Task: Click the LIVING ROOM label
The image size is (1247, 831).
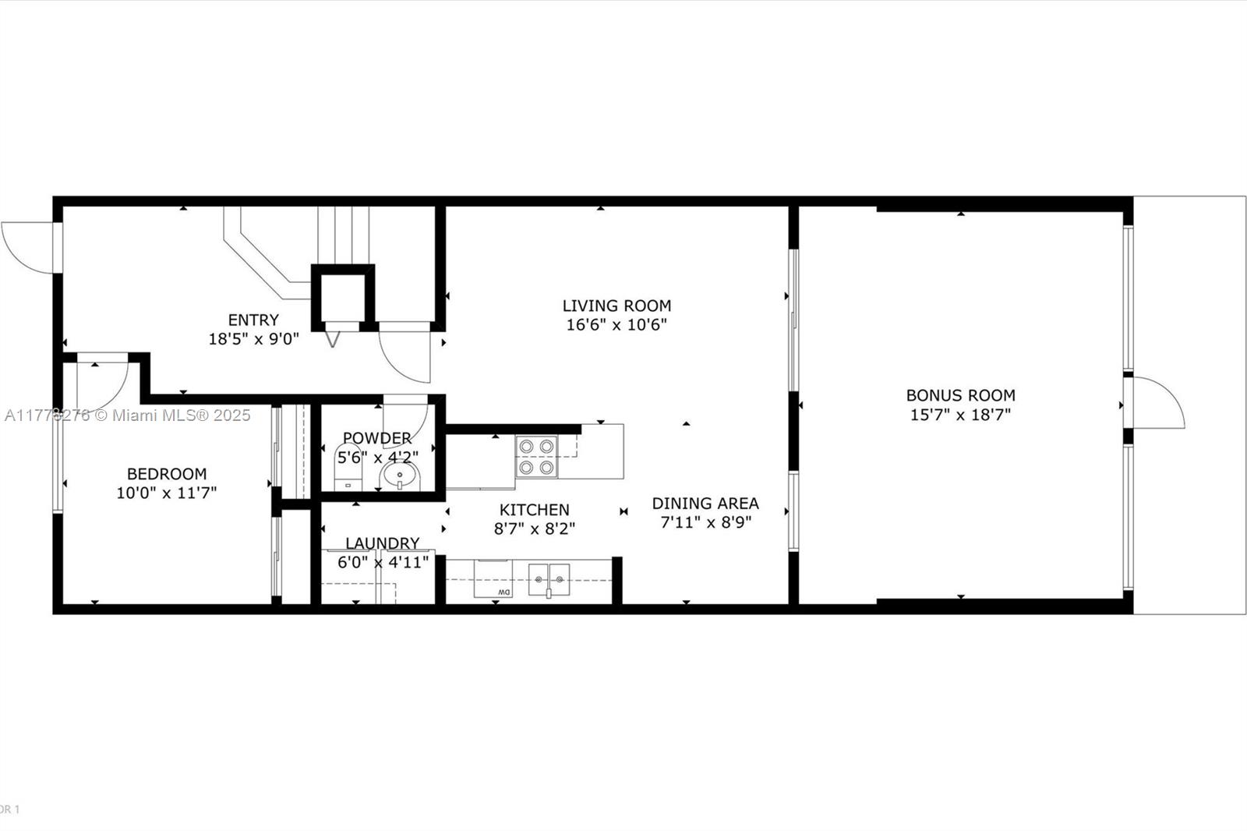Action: tap(616, 306)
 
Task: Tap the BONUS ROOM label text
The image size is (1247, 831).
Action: tap(960, 395)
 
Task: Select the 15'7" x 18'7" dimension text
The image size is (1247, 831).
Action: tap(960, 415)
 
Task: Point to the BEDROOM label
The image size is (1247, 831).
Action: tap(167, 473)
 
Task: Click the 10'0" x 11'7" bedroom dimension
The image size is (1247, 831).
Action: tap(167, 493)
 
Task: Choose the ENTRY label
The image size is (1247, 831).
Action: tap(253, 320)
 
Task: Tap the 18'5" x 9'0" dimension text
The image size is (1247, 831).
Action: tap(253, 339)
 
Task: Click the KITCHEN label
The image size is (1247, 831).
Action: tap(534, 510)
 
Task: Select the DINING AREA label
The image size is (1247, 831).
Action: tap(705, 504)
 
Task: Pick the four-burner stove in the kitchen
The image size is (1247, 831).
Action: tap(536, 457)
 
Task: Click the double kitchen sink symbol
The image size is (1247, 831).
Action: tap(549, 580)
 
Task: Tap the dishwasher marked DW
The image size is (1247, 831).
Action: tap(493, 581)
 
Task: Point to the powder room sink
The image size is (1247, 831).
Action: tap(400, 475)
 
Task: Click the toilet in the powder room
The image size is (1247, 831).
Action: tap(348, 466)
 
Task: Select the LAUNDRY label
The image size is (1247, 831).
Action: tap(382, 543)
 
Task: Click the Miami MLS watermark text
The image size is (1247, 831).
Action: tap(128, 415)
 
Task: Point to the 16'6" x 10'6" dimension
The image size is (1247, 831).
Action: tap(616, 325)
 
